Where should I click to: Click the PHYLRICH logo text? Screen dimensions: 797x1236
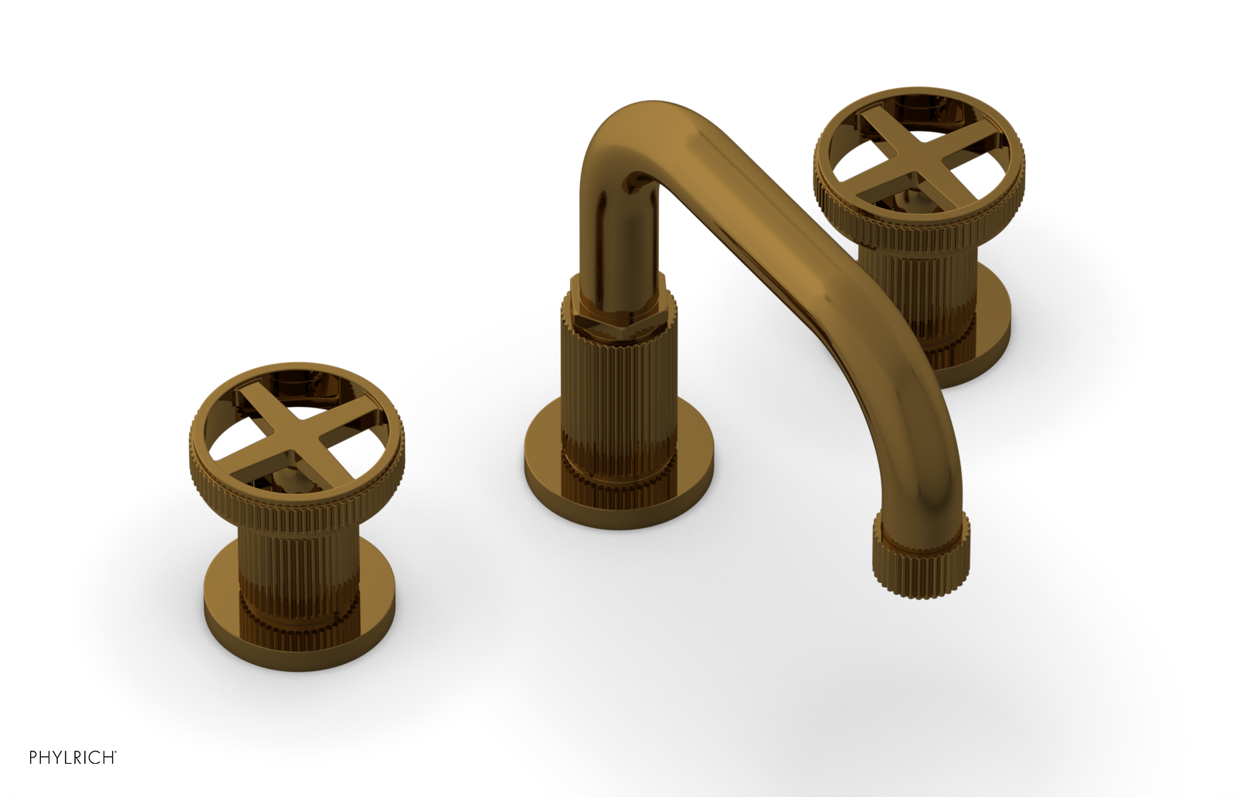[72, 758]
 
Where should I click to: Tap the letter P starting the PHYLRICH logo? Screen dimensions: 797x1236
[34, 758]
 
